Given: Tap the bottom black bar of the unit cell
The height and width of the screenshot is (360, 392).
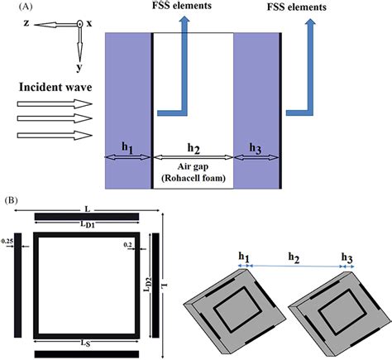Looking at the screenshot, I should click(x=86, y=354).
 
